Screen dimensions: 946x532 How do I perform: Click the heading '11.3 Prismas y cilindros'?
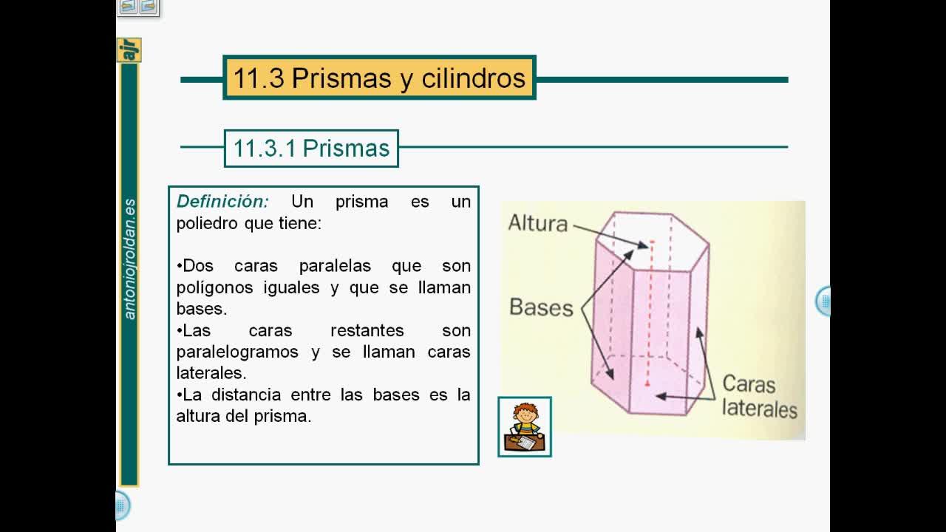[x=379, y=78]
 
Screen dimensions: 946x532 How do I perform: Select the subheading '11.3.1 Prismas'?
[x=311, y=149]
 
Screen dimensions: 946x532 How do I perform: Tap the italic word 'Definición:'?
[x=222, y=202]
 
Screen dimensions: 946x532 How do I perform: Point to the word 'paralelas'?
[x=335, y=266]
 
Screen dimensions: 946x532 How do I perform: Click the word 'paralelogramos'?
[x=237, y=352]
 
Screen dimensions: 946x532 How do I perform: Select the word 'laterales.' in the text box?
[x=211, y=373]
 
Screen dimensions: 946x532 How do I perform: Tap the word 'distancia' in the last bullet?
[x=246, y=395]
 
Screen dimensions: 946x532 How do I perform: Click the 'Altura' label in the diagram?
[x=538, y=223]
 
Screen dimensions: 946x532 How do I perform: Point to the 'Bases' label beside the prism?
[x=542, y=307]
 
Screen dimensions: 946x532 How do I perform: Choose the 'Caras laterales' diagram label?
[x=760, y=396]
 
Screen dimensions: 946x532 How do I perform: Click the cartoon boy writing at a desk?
[x=525, y=427]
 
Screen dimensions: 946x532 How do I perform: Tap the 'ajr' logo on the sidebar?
[x=129, y=50]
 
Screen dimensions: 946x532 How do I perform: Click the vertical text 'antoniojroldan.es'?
[x=129, y=259]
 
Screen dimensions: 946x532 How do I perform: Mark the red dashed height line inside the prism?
[x=650, y=313]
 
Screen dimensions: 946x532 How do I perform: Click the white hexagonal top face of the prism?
[x=653, y=242]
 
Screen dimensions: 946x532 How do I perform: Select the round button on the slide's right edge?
[x=823, y=301]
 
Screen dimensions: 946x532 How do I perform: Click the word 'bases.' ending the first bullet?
[x=202, y=309]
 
